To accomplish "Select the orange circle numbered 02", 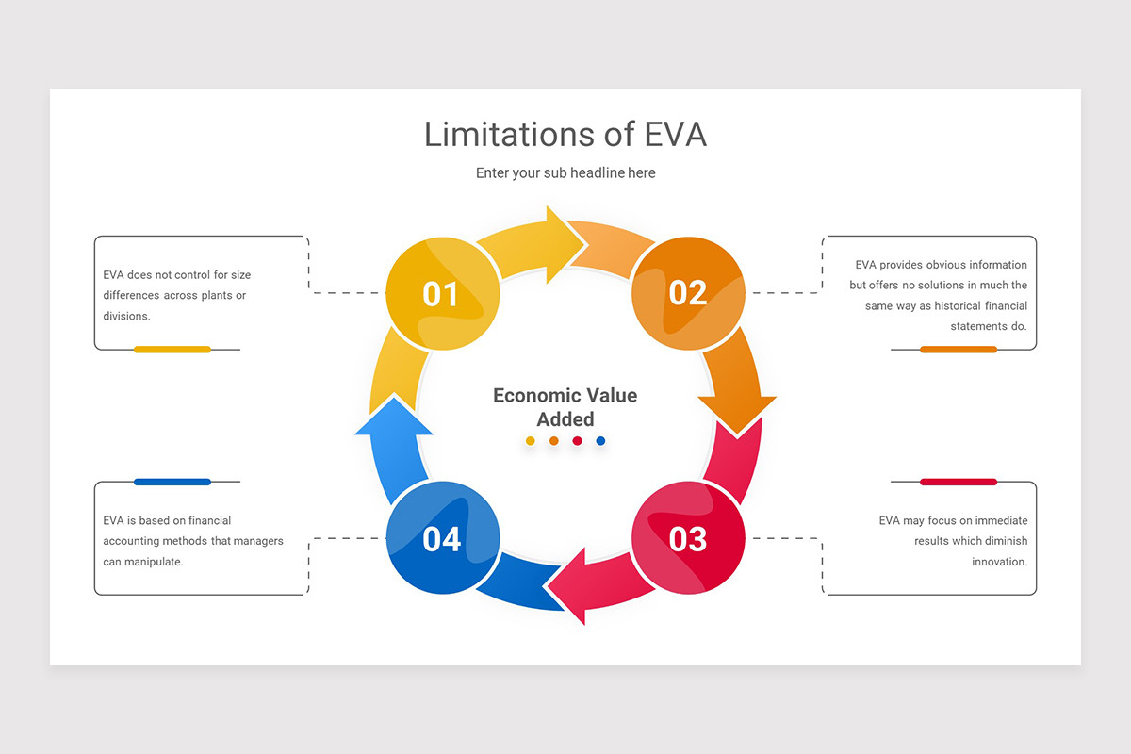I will [x=688, y=293].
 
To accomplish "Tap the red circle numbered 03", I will [x=688, y=538].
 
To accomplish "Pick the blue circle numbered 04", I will [x=442, y=538].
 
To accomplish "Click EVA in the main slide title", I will [x=675, y=135].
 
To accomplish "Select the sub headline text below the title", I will [x=565, y=173].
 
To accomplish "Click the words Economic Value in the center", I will [x=565, y=396].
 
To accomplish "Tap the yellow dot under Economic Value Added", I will [x=530, y=441].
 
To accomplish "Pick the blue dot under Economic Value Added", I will [x=601, y=441].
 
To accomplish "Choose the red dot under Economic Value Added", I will [x=578, y=441].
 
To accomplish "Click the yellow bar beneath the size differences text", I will [x=172, y=350].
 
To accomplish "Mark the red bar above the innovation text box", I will [x=958, y=482].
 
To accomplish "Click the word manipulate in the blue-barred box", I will [x=154, y=562].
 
